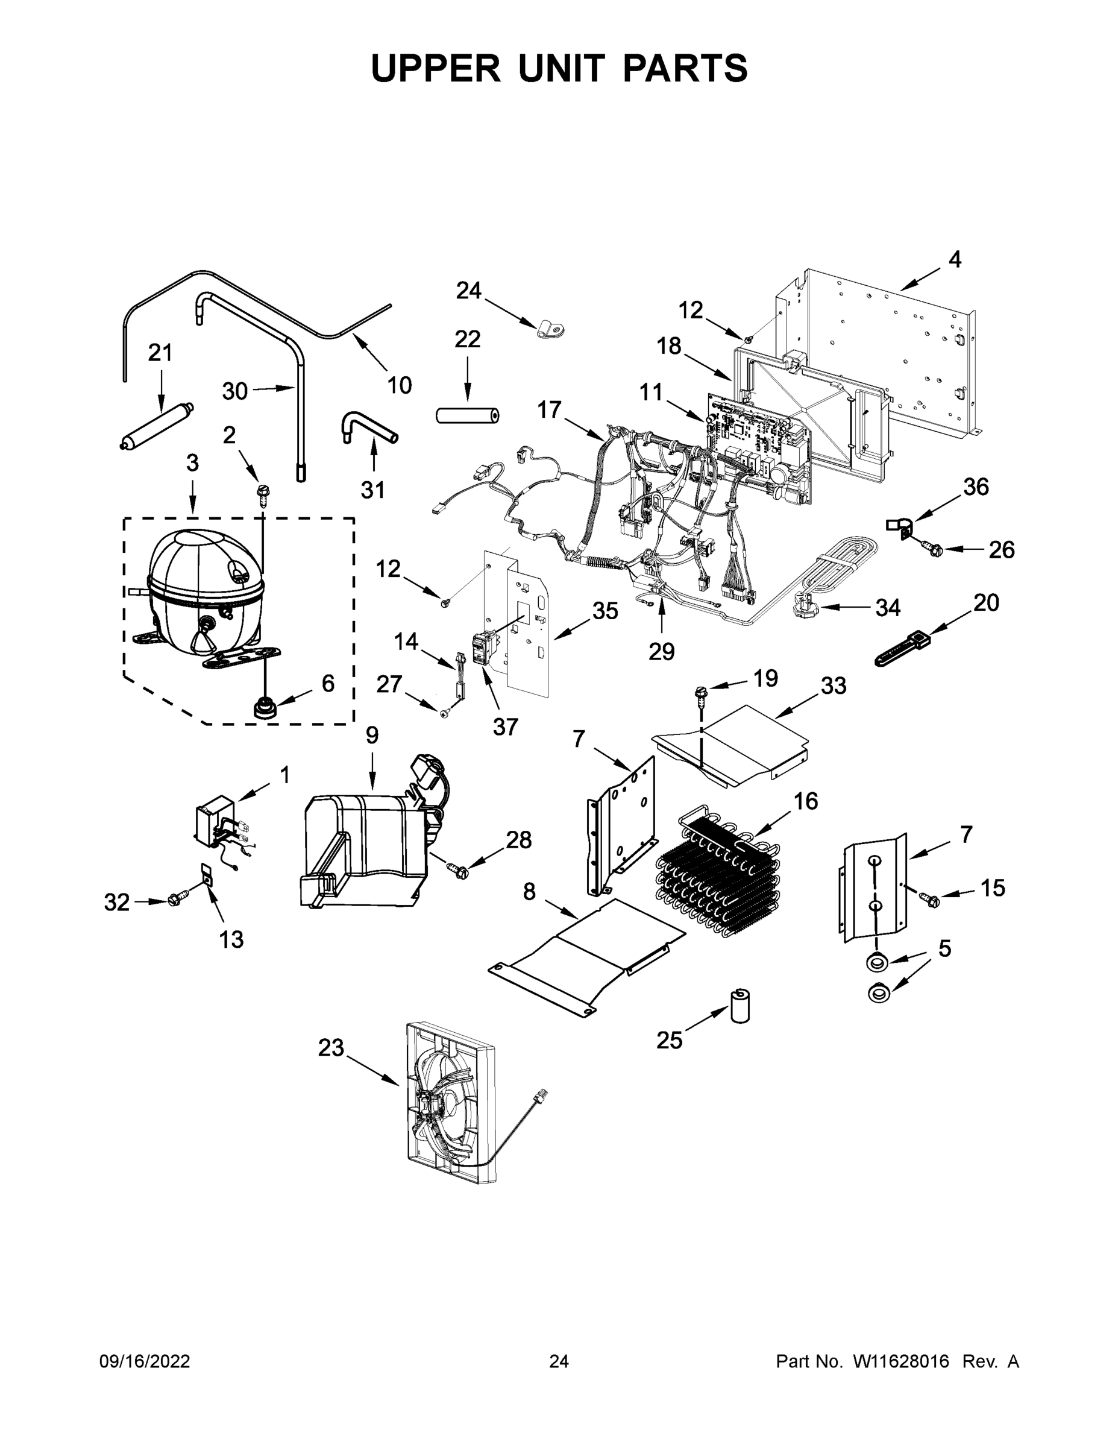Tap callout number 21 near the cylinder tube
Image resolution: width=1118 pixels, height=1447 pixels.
(x=160, y=353)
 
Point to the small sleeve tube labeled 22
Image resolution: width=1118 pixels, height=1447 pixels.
(x=468, y=415)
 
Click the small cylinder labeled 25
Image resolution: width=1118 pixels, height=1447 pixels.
(x=739, y=1006)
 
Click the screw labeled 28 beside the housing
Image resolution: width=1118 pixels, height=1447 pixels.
(x=457, y=869)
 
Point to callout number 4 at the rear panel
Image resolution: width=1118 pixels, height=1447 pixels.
(x=955, y=260)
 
